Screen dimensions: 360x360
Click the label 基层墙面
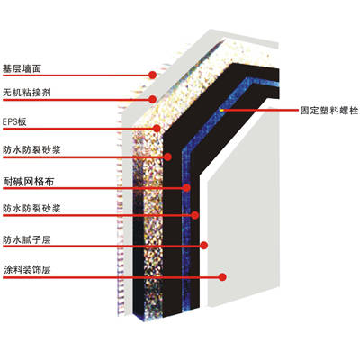point(22,69)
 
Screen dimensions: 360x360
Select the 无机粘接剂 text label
point(27,93)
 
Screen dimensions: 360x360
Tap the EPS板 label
point(14,121)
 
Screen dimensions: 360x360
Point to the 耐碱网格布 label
point(29,182)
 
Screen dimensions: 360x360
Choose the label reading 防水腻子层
point(27,239)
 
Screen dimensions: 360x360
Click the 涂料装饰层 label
point(27,270)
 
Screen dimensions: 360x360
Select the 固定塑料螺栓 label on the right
point(329,111)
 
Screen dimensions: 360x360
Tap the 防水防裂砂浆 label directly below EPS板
point(31,149)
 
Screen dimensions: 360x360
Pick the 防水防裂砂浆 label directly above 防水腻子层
point(31,208)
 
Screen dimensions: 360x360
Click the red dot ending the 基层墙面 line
point(152,75)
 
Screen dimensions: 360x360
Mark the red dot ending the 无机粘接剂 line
point(153,99)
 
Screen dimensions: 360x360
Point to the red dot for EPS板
point(157,129)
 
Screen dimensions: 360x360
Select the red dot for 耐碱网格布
point(186,188)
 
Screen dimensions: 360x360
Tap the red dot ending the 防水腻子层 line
point(204,246)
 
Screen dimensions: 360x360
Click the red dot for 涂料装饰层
point(222,277)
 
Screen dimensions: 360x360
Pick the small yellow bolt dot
point(221,110)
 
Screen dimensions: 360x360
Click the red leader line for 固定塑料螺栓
point(260,111)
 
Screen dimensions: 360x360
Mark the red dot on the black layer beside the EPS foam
point(167,157)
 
